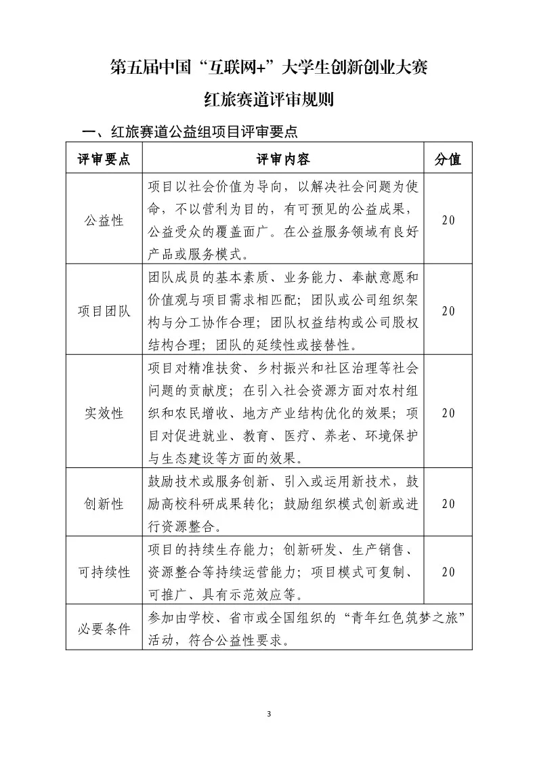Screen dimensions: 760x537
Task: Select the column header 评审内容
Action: click(x=283, y=159)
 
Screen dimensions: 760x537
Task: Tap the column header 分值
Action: click(x=448, y=159)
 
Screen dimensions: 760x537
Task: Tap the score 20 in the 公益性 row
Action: click(x=448, y=220)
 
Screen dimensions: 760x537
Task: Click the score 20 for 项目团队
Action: click(x=448, y=311)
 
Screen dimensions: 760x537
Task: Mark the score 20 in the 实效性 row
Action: click(x=448, y=413)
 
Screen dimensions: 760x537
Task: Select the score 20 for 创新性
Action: click(x=448, y=503)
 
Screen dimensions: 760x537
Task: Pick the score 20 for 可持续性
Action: click(x=448, y=572)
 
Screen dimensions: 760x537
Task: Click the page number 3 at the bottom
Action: click(x=269, y=714)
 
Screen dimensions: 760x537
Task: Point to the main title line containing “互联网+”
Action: click(x=269, y=68)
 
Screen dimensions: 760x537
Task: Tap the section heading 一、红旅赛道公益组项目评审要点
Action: click(x=189, y=131)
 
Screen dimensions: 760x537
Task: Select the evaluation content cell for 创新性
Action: click(x=283, y=503)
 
